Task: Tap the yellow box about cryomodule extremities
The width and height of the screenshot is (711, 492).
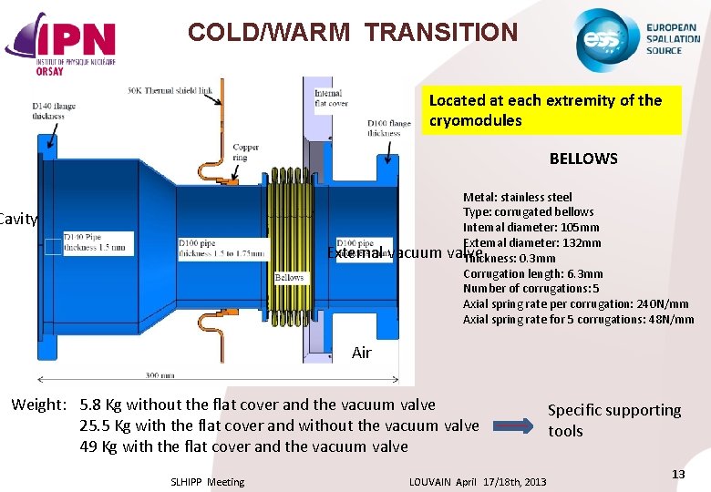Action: tap(551, 110)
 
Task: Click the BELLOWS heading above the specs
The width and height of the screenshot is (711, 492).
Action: tap(582, 159)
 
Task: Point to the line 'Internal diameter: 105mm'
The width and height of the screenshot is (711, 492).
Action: tap(531, 228)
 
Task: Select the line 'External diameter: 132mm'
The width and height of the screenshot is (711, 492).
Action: tap(531, 242)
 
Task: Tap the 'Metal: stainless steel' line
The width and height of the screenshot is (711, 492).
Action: tap(517, 197)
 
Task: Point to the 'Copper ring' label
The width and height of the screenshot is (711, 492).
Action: tap(245, 151)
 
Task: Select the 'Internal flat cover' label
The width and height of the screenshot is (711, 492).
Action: tap(330, 98)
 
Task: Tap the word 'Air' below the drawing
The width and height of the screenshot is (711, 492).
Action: tap(362, 353)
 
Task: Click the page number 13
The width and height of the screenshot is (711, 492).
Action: tap(677, 475)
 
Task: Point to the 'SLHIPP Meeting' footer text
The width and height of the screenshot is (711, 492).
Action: tap(207, 482)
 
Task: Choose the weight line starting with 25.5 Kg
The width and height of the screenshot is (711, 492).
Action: tap(279, 425)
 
